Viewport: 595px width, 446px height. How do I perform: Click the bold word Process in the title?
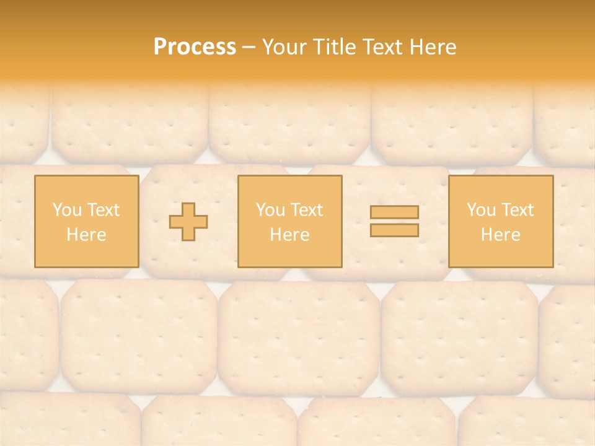tap(195, 47)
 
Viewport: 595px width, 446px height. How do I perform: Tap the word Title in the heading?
tap(333, 47)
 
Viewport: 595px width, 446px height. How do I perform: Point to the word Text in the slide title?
tap(382, 47)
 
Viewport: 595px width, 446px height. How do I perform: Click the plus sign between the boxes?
tap(188, 222)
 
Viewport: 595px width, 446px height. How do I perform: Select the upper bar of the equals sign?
tap(394, 212)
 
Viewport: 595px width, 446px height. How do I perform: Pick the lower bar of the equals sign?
tap(394, 230)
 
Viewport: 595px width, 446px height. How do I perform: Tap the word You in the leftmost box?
tap(66, 210)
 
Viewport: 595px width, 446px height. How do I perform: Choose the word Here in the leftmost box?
tap(86, 235)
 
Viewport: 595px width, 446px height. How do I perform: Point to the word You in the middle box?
tap(270, 210)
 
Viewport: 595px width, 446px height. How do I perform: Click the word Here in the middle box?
tap(289, 235)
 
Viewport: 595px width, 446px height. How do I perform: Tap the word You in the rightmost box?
tap(480, 210)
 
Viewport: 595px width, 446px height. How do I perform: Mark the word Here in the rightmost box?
tap(500, 235)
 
